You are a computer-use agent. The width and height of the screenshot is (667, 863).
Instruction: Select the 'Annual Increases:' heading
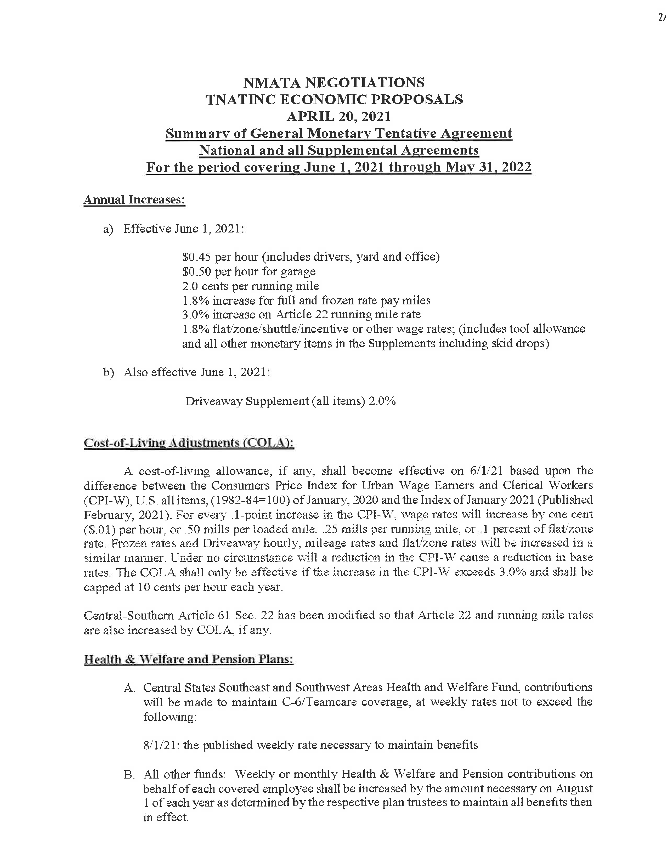tap(134, 200)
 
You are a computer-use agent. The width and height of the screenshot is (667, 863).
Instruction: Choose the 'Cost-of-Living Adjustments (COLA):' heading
tap(189, 443)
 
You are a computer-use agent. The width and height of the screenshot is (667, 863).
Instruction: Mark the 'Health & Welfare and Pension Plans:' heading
tap(189, 660)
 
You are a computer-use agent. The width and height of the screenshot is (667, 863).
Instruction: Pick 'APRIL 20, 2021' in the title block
tap(339, 117)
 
